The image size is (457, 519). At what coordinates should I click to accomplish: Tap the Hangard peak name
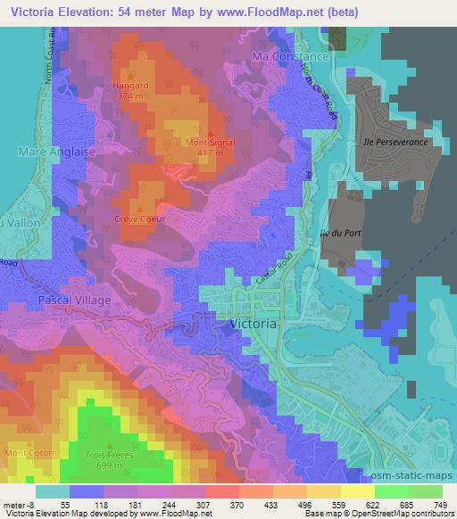[x=131, y=86]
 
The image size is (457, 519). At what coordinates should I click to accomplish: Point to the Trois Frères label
[x=112, y=454]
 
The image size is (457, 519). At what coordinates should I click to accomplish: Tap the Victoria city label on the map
[x=253, y=325]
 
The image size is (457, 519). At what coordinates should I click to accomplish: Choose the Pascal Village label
[x=74, y=301]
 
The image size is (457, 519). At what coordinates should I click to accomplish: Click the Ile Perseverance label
[x=402, y=142]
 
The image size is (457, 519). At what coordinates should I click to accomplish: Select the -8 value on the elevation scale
[x=25, y=505]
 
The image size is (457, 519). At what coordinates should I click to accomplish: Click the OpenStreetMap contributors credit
[x=410, y=514]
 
